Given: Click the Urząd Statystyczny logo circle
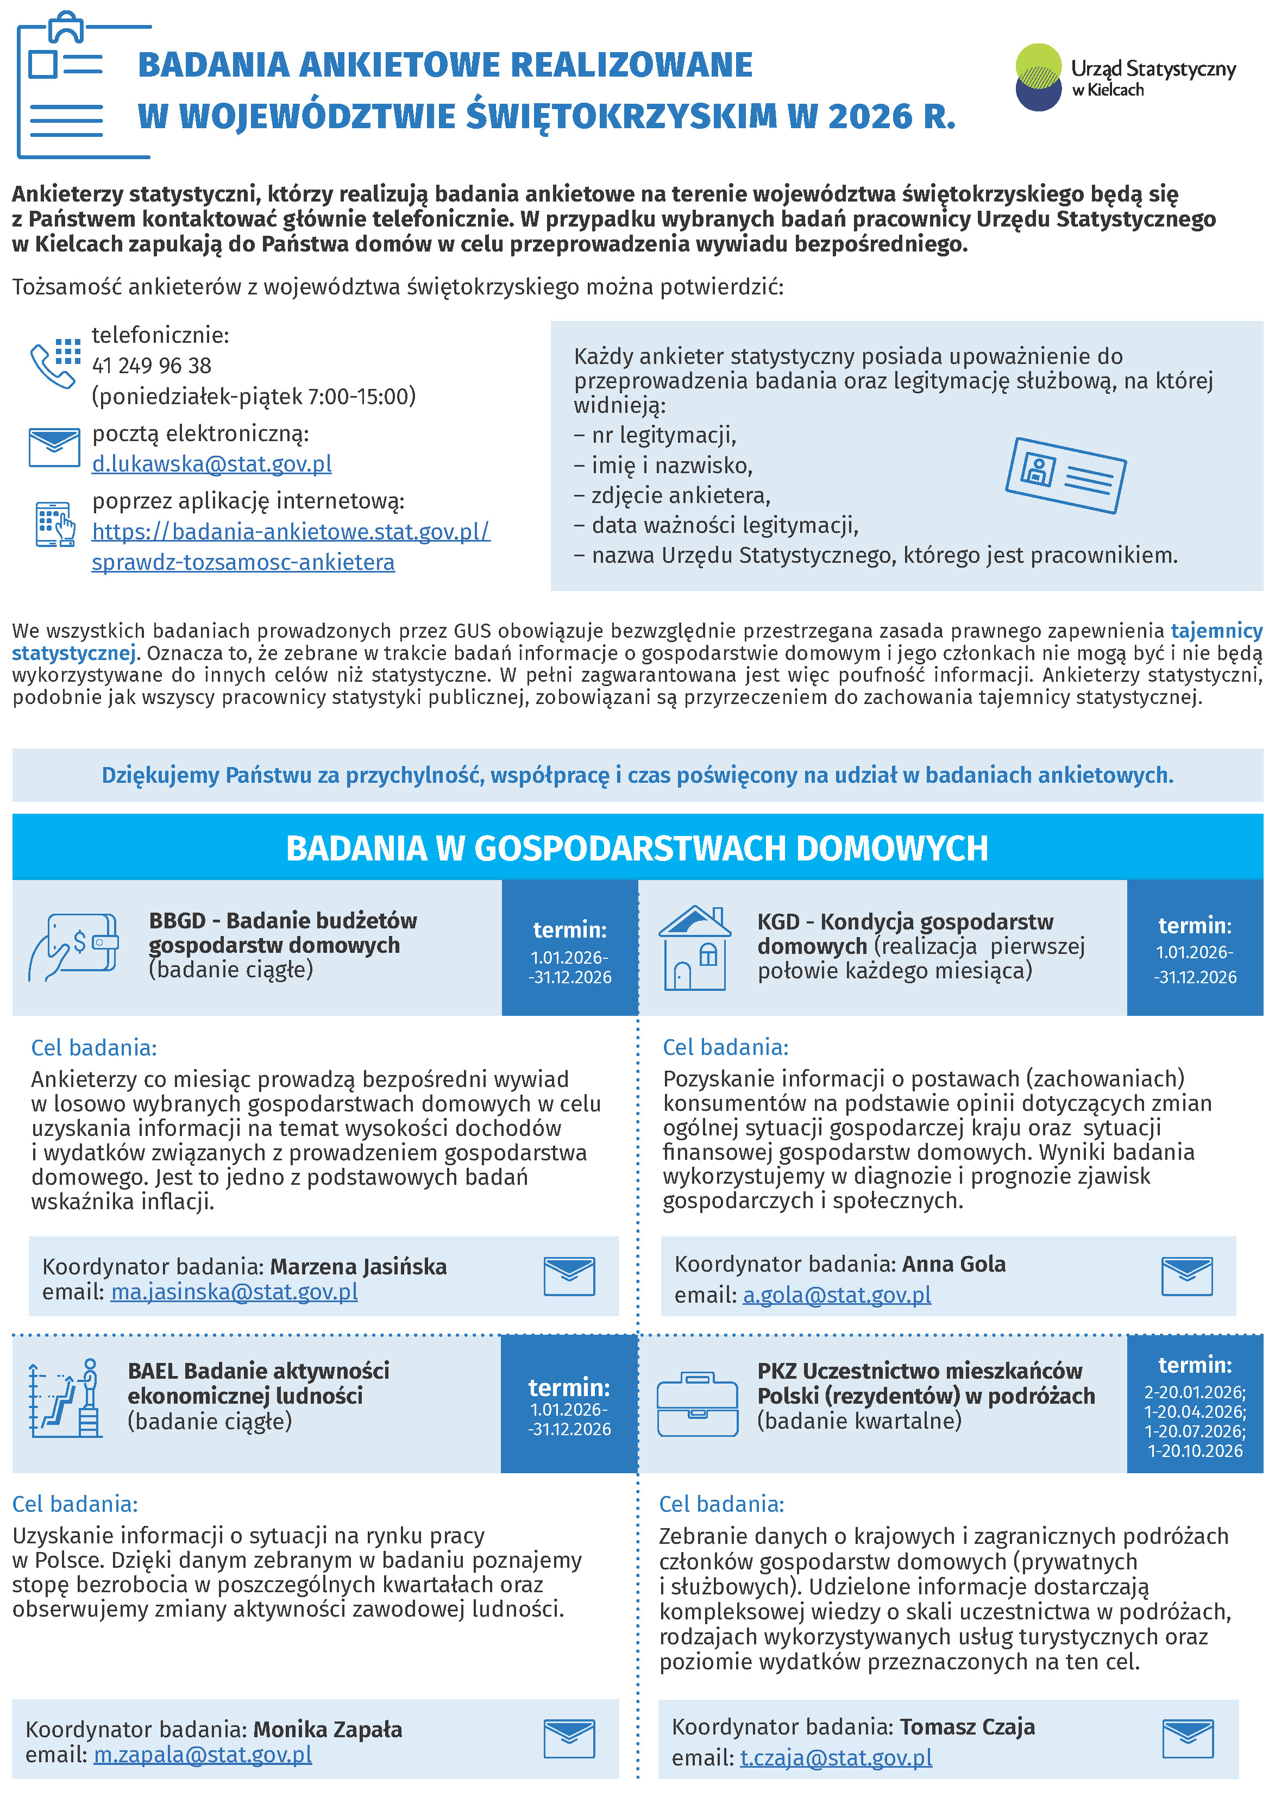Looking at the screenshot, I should point(1038,78).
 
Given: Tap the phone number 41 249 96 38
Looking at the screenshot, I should point(152,366).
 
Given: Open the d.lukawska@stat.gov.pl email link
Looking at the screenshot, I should point(212,464).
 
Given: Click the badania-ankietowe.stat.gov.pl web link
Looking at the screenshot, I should point(291,532).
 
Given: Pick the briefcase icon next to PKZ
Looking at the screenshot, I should point(697,1405).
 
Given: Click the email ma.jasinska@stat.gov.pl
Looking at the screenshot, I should point(234,1291).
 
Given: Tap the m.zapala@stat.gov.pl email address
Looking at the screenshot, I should point(203,1754).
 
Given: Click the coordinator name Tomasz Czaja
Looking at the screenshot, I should point(967,1726).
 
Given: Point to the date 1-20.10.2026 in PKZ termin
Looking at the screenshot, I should point(1195,1451).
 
